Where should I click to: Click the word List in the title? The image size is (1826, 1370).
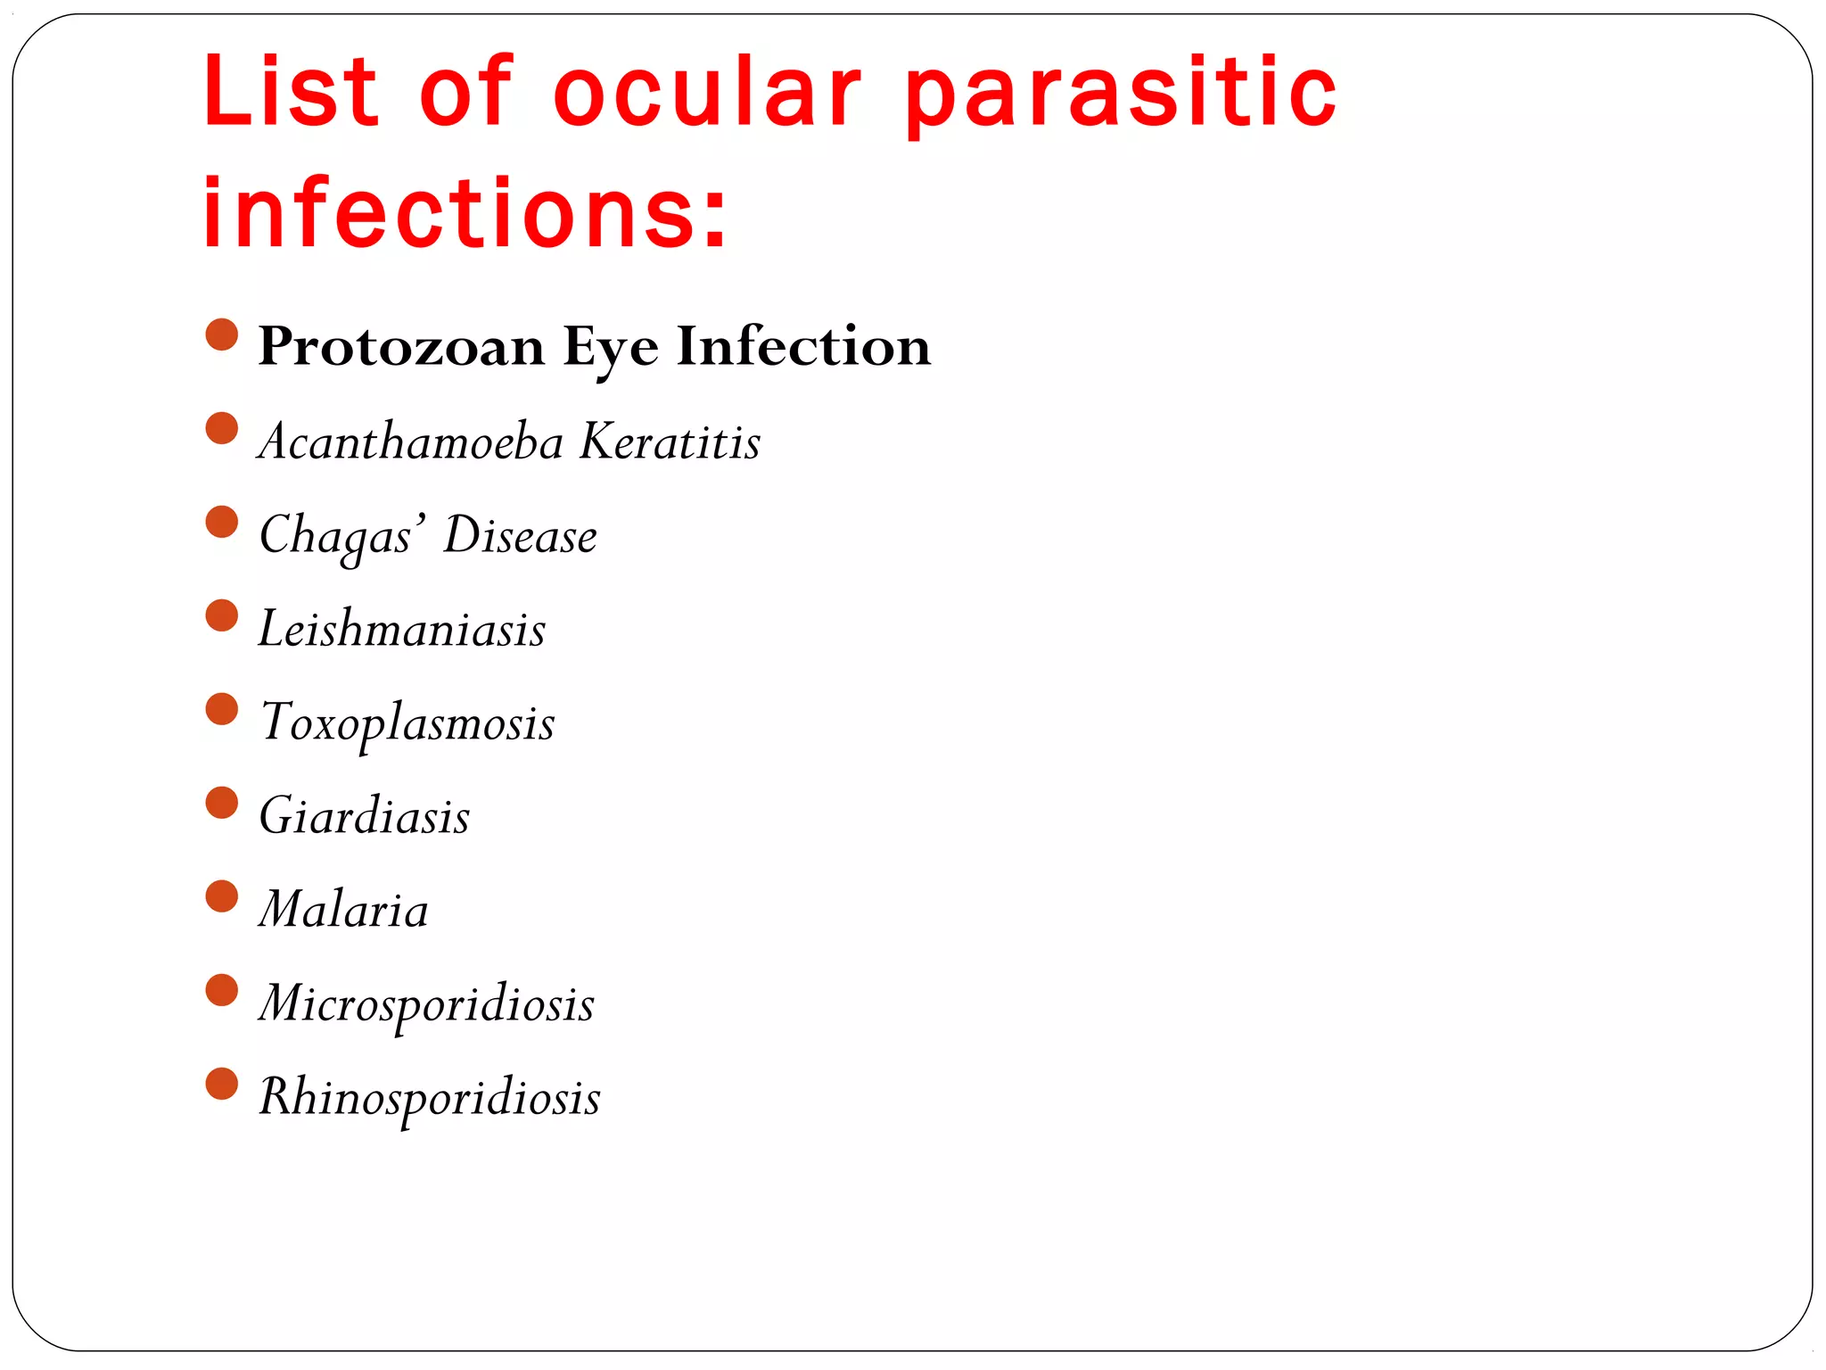(291, 91)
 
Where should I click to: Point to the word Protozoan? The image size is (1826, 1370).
(401, 346)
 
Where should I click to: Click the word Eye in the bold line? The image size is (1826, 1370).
(611, 348)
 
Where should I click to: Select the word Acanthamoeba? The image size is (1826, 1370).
(411, 441)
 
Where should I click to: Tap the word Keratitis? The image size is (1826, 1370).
(670, 441)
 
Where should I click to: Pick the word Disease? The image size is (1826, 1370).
(520, 535)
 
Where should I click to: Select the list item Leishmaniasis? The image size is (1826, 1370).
(402, 629)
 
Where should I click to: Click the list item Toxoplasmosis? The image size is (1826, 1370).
(407, 723)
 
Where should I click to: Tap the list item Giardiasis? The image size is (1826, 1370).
(364, 816)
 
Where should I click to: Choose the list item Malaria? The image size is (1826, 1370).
(343, 910)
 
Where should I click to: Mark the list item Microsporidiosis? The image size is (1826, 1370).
(426, 1004)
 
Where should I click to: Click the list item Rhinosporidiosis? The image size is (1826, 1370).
(429, 1097)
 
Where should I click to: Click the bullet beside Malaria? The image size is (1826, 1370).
(222, 896)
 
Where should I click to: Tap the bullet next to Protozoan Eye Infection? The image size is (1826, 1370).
(222, 334)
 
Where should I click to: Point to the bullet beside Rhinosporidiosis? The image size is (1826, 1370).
(222, 1084)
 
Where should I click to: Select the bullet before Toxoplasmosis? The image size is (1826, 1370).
(222, 709)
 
